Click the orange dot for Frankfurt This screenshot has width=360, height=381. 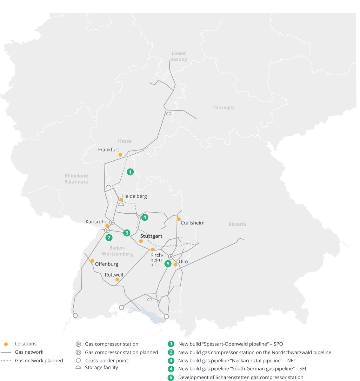[120, 155]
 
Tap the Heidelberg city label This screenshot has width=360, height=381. [135, 196]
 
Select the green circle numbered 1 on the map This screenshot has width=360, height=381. [130, 172]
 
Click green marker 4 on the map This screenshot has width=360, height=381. [145, 217]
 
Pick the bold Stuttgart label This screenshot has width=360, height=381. [151, 236]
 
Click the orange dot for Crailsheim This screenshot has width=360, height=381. [179, 219]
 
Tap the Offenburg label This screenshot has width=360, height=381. [107, 264]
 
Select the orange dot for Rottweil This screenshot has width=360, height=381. [117, 279]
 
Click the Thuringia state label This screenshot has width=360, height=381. [223, 107]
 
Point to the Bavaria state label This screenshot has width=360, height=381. [237, 224]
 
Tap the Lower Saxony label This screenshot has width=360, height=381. [179, 57]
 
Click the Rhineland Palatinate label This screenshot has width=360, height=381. [76, 179]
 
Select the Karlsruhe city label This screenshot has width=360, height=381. [97, 222]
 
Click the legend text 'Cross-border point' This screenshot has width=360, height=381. [106, 360]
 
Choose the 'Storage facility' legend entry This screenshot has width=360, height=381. [101, 367]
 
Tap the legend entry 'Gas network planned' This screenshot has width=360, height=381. [39, 360]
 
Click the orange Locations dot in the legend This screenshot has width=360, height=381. [6, 344]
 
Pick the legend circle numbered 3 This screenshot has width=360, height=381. [171, 360]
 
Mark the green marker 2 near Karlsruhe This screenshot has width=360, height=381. [109, 237]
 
